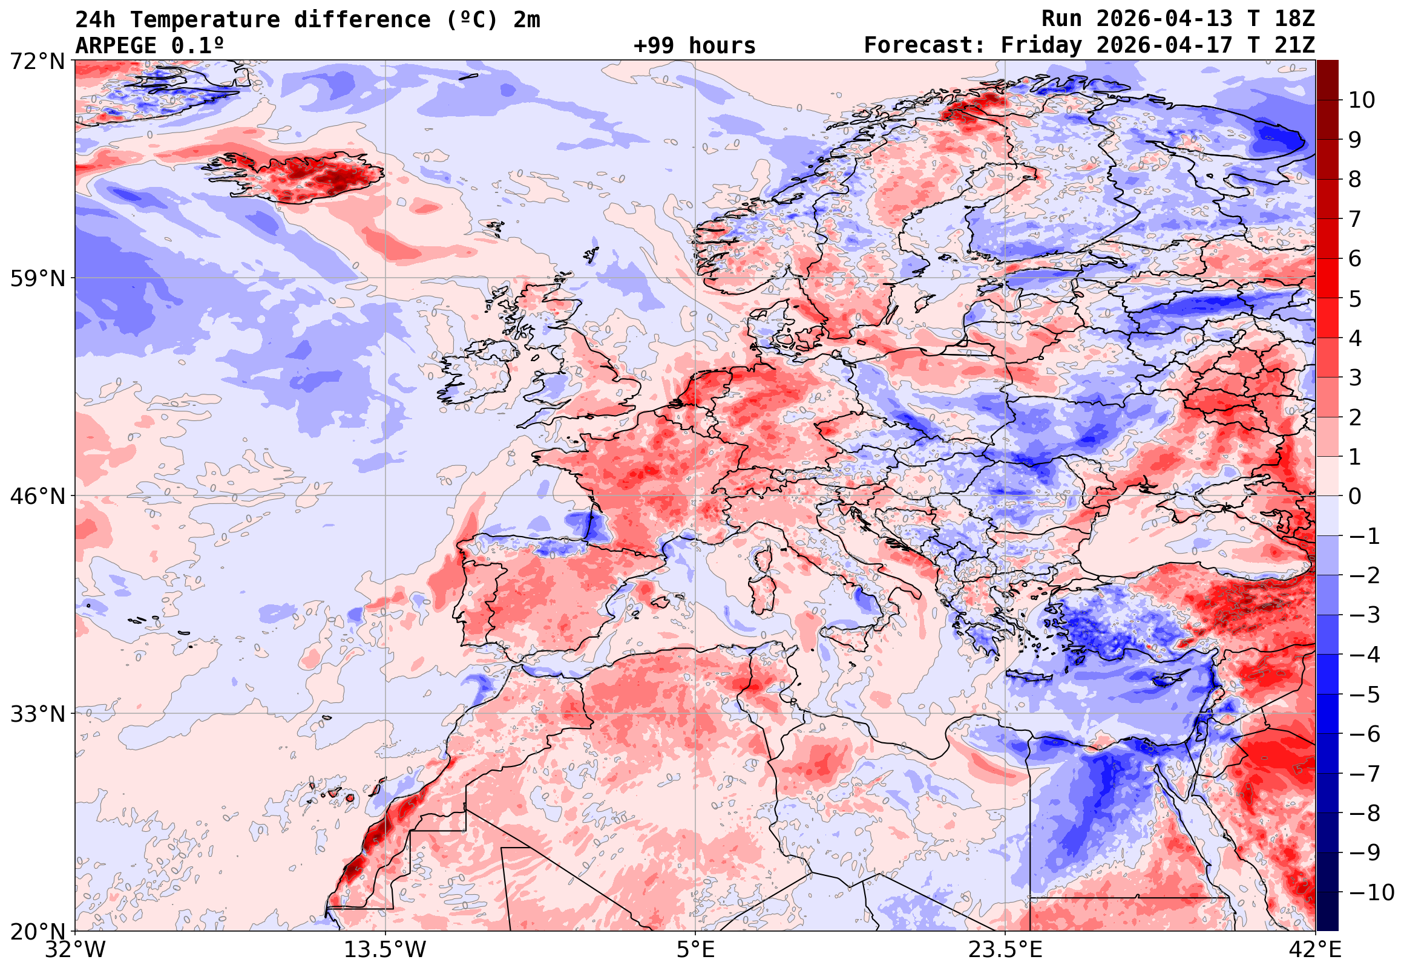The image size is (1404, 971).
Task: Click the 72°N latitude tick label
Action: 37,62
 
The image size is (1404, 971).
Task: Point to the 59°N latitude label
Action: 37,279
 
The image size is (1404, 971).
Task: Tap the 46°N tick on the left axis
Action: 37,497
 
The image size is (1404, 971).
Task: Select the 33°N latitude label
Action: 37,714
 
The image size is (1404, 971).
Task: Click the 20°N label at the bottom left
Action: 37,932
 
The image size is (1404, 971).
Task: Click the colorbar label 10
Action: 1362,100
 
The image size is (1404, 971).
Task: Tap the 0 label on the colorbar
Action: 1355,497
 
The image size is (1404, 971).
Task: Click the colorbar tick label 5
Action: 1355,299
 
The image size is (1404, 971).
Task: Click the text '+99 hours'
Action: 694,45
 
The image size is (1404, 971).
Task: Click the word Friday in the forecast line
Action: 1042,45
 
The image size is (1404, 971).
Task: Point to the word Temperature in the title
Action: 205,20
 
